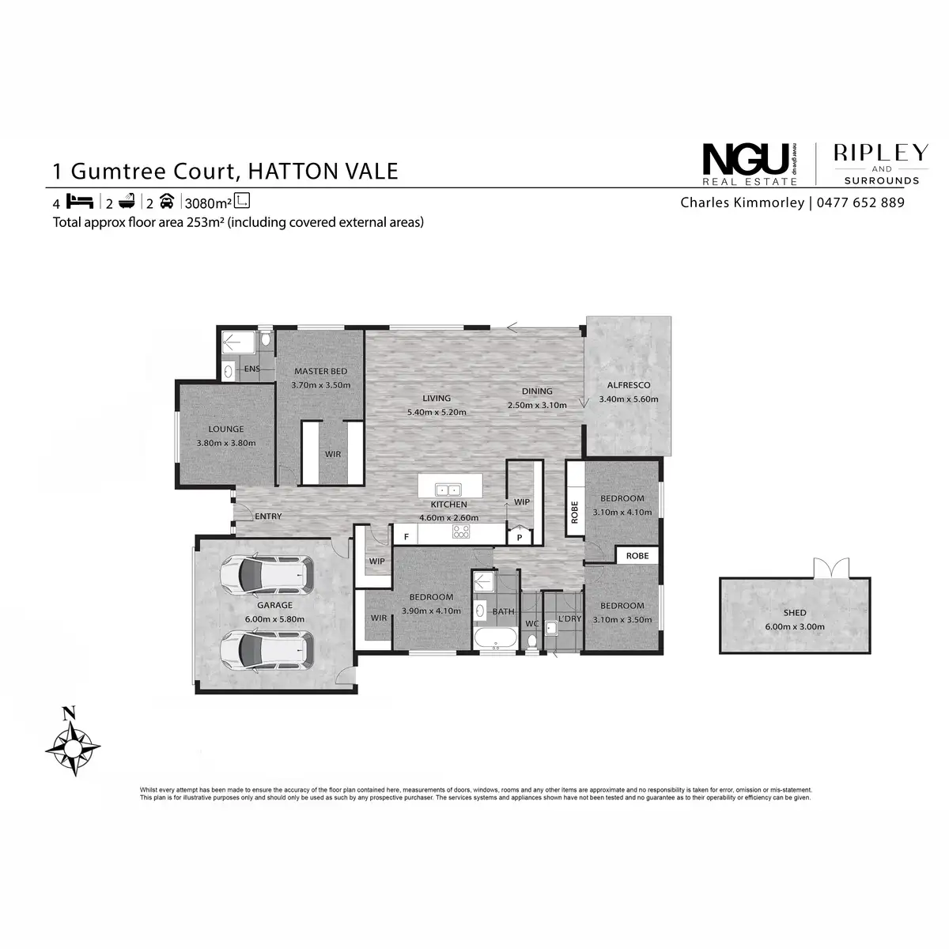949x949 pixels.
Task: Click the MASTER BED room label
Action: pos(320,372)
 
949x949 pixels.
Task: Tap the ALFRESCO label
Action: pos(627,385)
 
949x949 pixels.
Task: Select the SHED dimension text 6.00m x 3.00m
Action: pos(795,626)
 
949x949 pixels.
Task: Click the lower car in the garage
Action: pos(266,650)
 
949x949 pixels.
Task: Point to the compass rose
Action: pos(72,744)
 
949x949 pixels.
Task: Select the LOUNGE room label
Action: pos(225,429)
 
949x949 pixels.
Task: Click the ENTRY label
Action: pos(268,516)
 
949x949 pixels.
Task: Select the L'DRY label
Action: pos(569,618)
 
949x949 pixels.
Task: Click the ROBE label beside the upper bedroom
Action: pos(575,513)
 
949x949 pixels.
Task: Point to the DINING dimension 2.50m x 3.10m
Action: pos(537,405)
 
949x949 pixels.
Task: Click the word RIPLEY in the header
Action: pos(881,153)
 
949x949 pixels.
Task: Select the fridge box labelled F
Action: pos(406,537)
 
